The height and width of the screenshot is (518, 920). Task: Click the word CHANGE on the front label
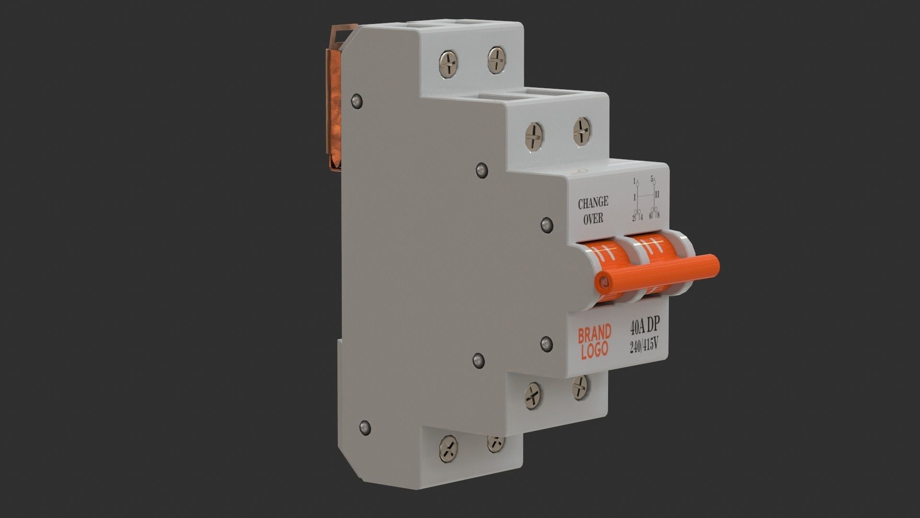593,203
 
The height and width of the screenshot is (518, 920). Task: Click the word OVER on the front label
592,219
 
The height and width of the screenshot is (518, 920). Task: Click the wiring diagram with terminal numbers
645,199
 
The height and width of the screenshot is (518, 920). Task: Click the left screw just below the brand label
533,396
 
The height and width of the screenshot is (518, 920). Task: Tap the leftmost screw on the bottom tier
448,448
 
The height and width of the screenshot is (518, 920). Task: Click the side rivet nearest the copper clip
356,101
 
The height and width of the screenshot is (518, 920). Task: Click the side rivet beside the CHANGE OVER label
546,224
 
